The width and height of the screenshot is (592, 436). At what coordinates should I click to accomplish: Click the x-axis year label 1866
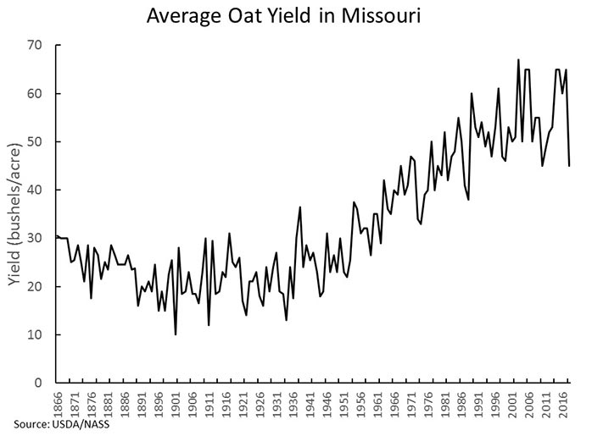pos(58,402)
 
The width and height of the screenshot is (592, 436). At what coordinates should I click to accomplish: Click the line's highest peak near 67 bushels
pos(518,60)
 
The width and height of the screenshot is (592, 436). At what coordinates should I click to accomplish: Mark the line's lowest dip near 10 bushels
pos(176,334)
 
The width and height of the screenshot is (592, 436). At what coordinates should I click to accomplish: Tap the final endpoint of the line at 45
pos(569,166)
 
